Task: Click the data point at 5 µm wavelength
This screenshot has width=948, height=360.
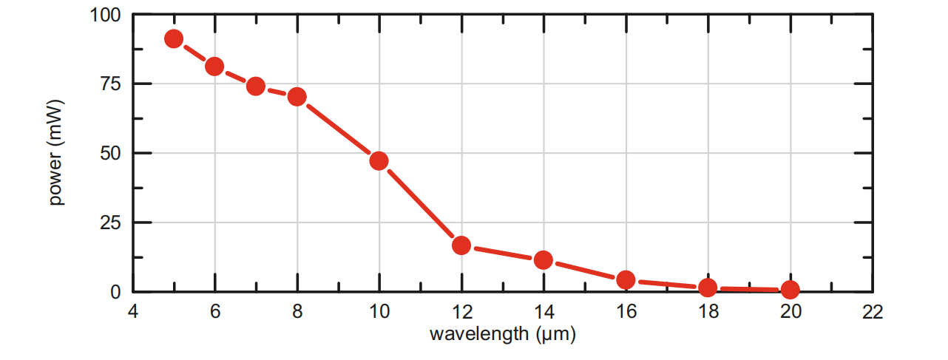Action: tap(174, 38)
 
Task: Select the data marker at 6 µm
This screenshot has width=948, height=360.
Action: tap(214, 67)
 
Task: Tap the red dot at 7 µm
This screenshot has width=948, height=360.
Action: tap(256, 86)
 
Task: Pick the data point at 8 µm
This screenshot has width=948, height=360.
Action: tap(297, 96)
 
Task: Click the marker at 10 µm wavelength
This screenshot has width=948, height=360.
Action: tap(379, 160)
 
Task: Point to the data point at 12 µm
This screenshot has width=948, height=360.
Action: tap(461, 245)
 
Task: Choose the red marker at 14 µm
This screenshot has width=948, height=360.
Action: tap(544, 259)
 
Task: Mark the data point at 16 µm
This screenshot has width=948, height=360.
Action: tap(626, 279)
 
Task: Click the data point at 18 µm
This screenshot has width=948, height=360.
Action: tap(708, 288)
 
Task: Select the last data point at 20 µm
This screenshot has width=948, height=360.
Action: tap(790, 290)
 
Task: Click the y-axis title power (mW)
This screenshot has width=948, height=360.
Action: tap(57, 152)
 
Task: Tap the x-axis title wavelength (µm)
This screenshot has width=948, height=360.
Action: tap(503, 334)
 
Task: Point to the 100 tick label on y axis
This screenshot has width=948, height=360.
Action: tap(106, 14)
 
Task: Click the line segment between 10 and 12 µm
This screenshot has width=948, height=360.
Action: tap(420, 203)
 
